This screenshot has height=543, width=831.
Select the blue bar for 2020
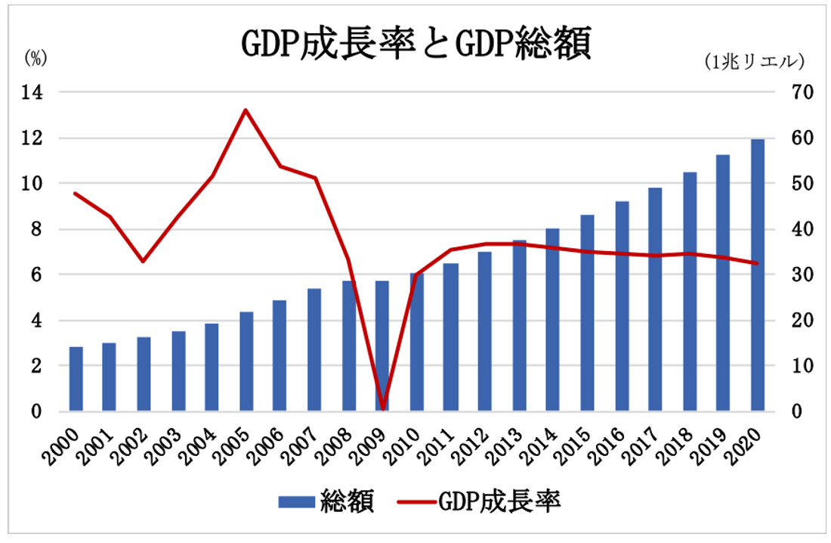pos(757,275)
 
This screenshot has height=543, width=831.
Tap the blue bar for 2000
pos(76,378)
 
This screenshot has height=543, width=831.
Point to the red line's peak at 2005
pos(246,110)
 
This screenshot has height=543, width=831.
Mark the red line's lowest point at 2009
pos(382,408)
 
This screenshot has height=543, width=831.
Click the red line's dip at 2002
pos(143,262)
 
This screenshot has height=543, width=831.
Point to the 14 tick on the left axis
pos(36,92)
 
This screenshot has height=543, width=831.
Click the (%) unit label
pos(36,57)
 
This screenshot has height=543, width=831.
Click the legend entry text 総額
pos(347,501)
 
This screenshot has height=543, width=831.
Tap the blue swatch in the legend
pos(295,501)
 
